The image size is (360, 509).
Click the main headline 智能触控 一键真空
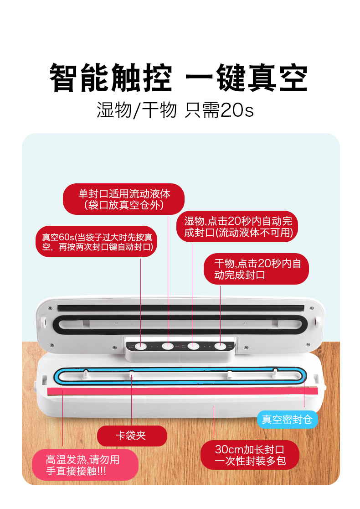[179, 78]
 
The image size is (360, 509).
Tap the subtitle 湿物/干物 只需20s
[175, 110]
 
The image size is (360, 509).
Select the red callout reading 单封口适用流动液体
[123, 199]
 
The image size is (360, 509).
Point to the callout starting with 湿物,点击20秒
[237, 227]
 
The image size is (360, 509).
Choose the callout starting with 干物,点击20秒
[256, 269]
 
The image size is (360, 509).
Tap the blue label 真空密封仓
[287, 419]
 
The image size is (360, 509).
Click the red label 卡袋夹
[132, 436]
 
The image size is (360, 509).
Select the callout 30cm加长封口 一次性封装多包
[250, 455]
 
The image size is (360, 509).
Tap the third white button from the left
[194, 346]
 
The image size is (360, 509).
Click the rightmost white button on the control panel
[220, 346]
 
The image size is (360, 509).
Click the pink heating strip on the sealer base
[182, 391]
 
